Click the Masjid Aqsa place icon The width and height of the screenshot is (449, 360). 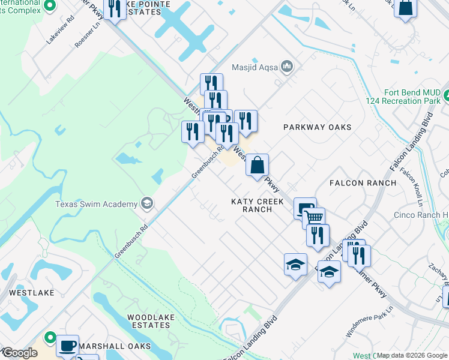(x=286, y=67)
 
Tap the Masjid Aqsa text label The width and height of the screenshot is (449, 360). (x=255, y=67)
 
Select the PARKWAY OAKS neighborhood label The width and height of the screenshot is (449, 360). (x=317, y=127)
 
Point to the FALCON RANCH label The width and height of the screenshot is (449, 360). (x=363, y=182)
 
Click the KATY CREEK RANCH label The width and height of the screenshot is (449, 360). (x=258, y=205)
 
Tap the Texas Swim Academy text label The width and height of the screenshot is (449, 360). (x=96, y=204)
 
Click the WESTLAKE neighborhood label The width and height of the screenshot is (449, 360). (x=31, y=293)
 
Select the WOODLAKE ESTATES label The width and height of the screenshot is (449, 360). (x=148, y=320)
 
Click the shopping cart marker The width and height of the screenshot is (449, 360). (x=313, y=217)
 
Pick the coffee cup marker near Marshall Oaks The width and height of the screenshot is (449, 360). (x=67, y=346)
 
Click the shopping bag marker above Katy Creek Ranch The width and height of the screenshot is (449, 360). (x=257, y=165)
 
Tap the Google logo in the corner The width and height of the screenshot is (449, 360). (x=19, y=353)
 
